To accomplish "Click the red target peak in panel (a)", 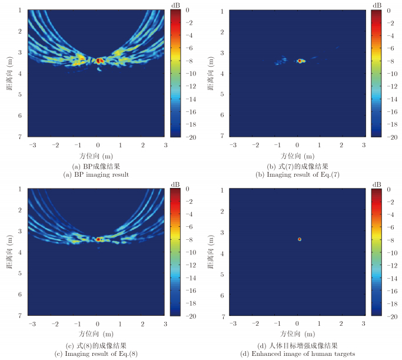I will [x=99, y=60].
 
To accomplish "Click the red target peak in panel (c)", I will [x=99, y=239].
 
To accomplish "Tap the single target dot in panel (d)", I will [x=300, y=239].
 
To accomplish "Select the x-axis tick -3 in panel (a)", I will [x=33, y=144].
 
